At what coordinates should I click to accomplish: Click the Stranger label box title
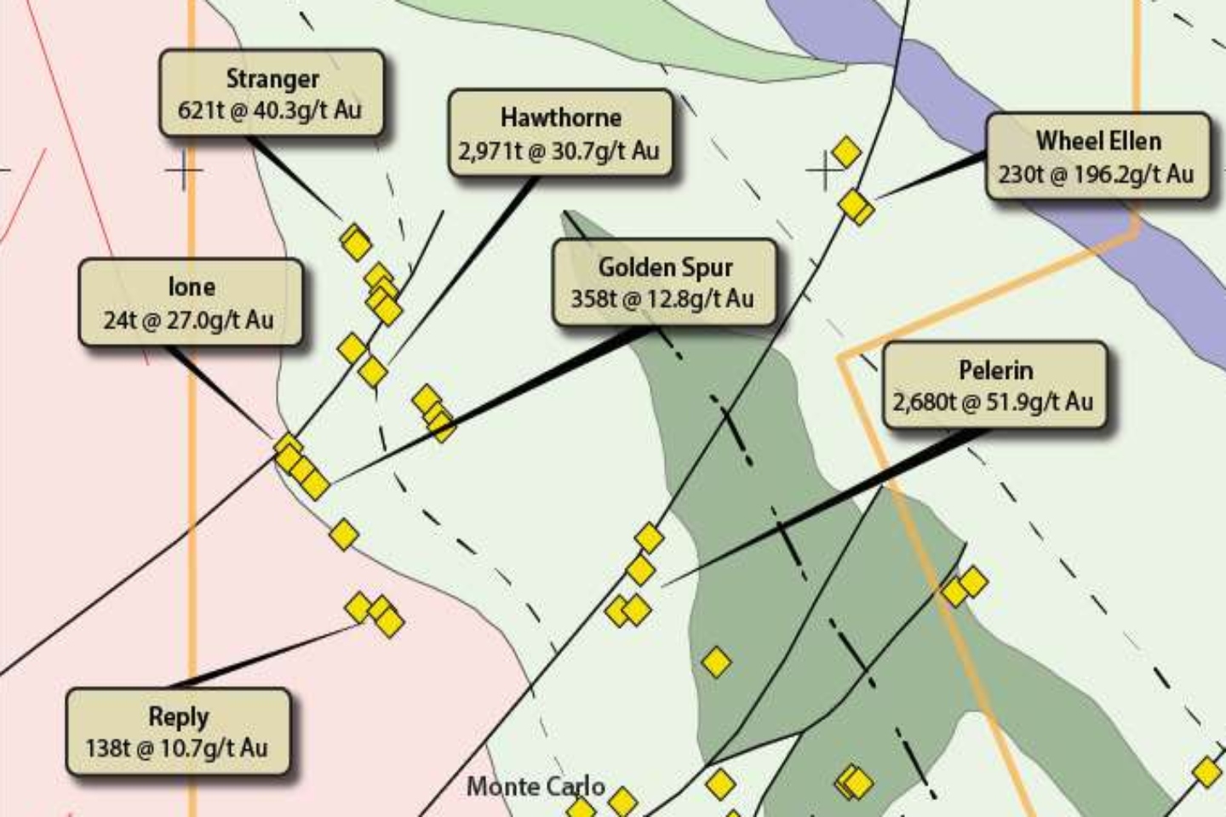pos(272,79)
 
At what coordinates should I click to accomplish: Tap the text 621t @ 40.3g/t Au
pos(270,110)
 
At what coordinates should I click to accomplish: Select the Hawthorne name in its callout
pos(560,117)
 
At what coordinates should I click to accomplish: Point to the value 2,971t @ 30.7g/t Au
pos(559,151)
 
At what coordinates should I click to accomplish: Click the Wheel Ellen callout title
pos(1098,140)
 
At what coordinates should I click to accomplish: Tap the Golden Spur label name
pos(665,267)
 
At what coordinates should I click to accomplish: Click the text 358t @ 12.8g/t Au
pos(662,299)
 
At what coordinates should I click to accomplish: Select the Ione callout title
pos(191,287)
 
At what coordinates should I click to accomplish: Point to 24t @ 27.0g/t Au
pos(189,320)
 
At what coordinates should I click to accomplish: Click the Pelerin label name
pos(995,370)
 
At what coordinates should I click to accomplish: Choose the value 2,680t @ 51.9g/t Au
pos(993,402)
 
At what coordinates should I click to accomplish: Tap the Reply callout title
pos(178,717)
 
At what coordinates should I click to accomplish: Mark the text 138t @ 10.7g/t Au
pos(176,748)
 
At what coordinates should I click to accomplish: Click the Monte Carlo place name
pos(536,786)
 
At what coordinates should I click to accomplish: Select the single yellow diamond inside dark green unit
pos(716,662)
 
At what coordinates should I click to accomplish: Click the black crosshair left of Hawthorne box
pos(185,170)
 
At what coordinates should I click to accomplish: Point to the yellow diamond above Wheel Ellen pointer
pos(845,152)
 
